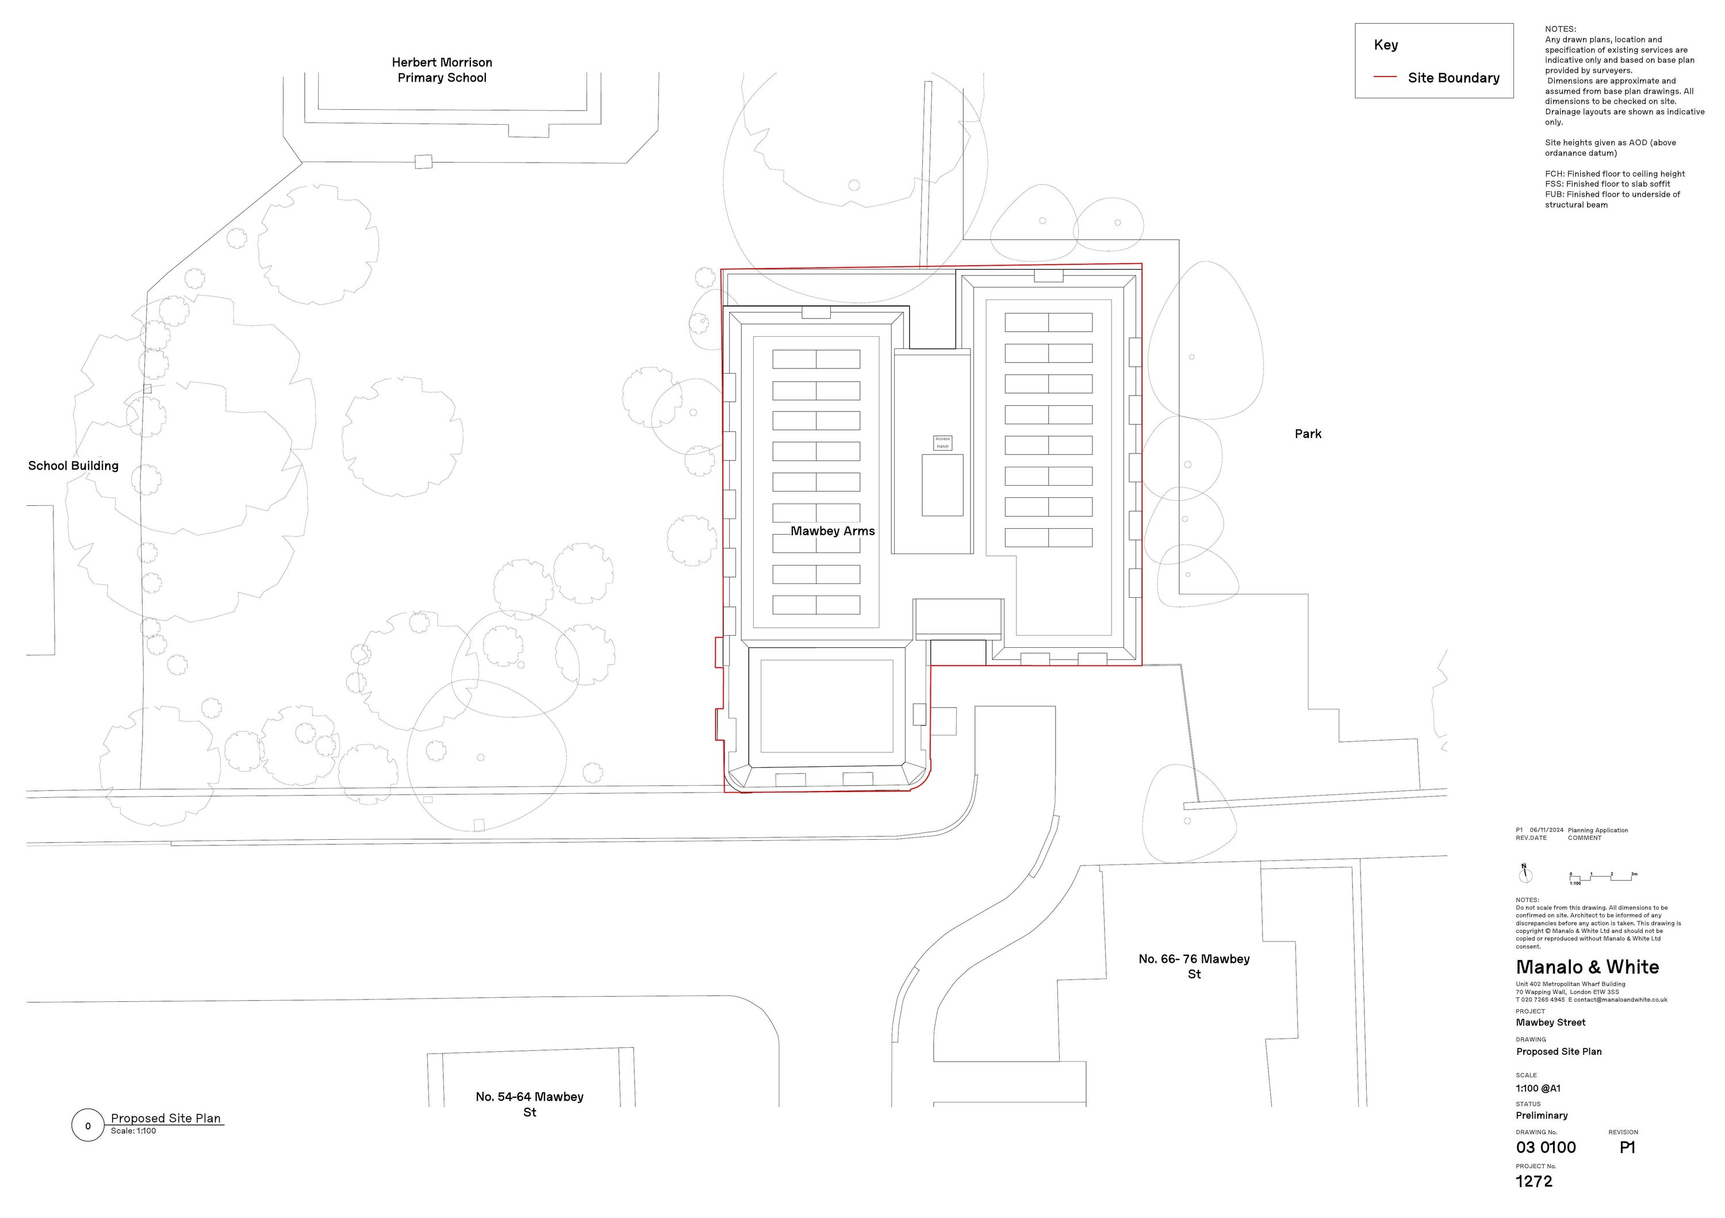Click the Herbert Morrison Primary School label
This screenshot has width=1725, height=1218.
tap(442, 70)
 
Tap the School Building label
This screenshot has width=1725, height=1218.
tap(73, 466)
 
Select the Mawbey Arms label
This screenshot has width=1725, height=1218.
tap(833, 531)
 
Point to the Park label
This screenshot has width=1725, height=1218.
tap(1308, 434)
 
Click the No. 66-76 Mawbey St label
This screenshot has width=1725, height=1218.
tap(1194, 966)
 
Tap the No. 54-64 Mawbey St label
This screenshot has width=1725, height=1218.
tap(529, 1104)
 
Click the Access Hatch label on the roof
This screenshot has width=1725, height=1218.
tap(942, 442)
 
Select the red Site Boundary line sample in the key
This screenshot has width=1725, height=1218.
tap(1385, 78)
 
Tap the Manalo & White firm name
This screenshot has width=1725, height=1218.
tap(1587, 967)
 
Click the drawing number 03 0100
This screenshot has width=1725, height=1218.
tap(1546, 1147)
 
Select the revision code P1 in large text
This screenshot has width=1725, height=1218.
tap(1627, 1147)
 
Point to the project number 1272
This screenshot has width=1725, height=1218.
tap(1534, 1181)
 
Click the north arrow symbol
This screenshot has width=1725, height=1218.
tap(1524, 875)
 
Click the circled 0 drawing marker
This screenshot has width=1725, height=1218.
tap(88, 1125)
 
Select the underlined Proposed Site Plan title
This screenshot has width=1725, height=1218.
tap(166, 1118)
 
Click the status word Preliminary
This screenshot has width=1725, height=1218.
tap(1541, 1116)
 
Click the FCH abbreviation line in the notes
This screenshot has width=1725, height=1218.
tap(1615, 174)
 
